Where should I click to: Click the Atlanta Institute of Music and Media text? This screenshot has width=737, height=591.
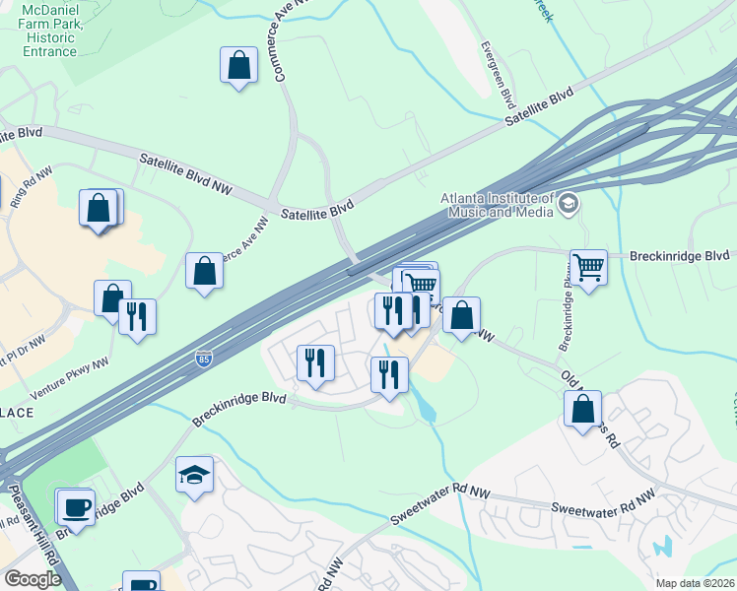(x=498, y=205)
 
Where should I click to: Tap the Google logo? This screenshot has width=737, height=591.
(x=33, y=579)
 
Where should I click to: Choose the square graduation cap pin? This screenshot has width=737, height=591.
(x=194, y=475)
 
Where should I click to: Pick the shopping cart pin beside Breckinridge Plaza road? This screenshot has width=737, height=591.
(x=588, y=266)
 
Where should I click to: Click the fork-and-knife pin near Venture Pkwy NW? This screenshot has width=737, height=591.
(x=137, y=316)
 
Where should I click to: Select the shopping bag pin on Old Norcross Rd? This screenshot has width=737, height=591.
(x=583, y=408)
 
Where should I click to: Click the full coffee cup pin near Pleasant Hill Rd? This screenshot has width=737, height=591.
(x=76, y=508)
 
